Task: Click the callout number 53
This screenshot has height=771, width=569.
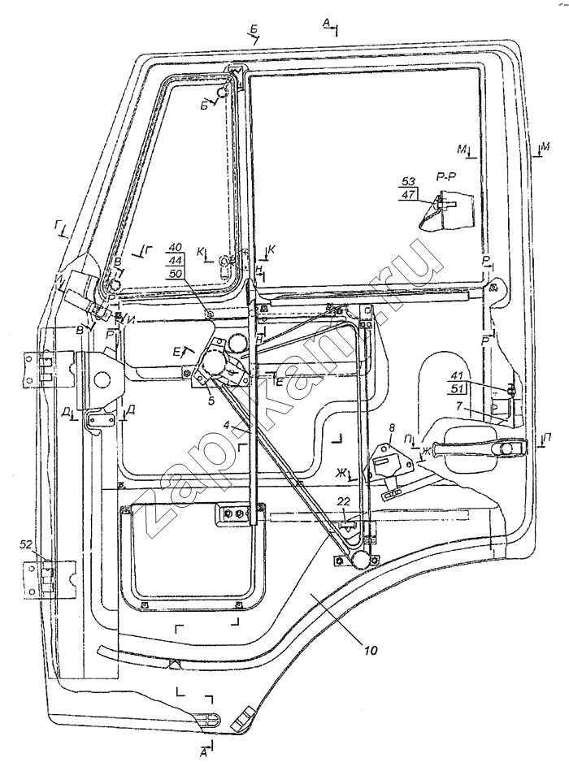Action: point(408,181)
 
